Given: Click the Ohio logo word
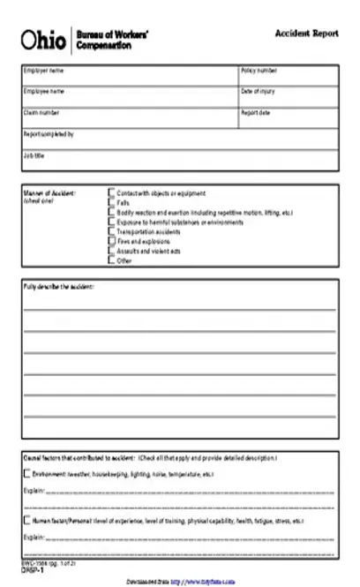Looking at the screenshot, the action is (x=42, y=41).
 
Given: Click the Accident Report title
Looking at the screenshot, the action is (x=307, y=33).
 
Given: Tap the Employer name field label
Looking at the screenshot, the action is (x=43, y=70).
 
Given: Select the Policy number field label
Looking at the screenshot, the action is (x=259, y=70).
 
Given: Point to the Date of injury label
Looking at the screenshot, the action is (x=258, y=91).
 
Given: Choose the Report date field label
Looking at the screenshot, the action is (x=255, y=113).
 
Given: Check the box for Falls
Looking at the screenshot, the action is (x=111, y=203).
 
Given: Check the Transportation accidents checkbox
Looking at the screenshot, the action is (x=111, y=231).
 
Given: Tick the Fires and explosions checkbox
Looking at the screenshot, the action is (x=111, y=241).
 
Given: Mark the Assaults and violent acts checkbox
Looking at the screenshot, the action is (x=111, y=251).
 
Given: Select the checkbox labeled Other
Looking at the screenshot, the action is (x=111, y=260).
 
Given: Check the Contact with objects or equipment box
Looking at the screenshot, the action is (x=111, y=192).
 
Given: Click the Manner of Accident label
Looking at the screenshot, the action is (x=49, y=192).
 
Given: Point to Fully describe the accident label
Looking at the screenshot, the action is (x=58, y=288).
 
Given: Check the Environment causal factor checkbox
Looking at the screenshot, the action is (x=26, y=474).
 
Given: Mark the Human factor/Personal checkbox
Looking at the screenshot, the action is (x=26, y=522).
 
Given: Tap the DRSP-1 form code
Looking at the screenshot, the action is (x=33, y=571).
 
